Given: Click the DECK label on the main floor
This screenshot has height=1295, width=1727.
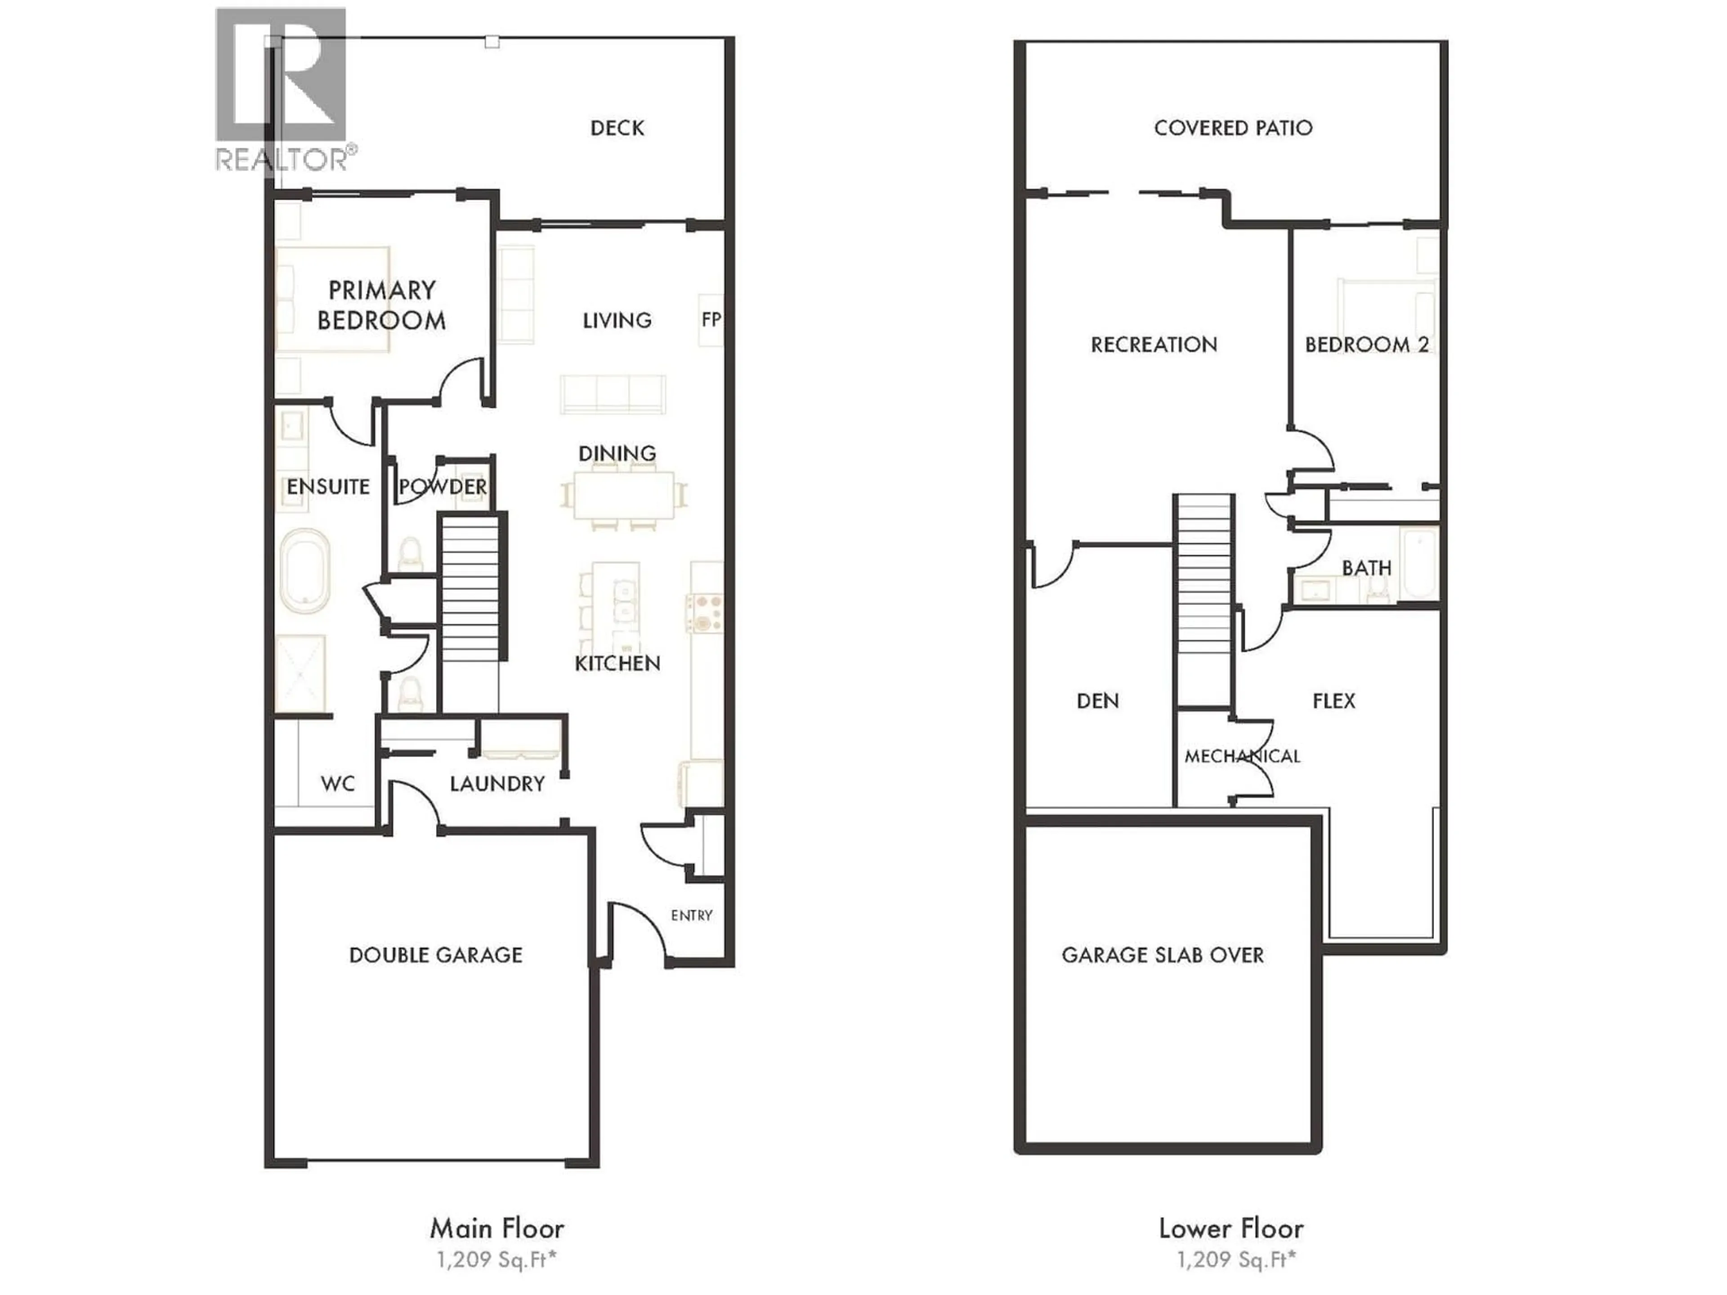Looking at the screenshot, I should pos(617,128).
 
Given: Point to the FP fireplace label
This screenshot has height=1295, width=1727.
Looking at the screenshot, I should pos(711,319).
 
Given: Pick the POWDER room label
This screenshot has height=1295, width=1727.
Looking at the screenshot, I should pos(443,487).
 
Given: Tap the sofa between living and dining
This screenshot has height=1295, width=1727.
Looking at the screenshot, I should pos(612,394).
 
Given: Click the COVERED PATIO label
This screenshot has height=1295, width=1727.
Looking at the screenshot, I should pos(1233,128).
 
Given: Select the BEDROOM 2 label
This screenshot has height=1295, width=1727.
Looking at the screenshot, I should pos(1366,344).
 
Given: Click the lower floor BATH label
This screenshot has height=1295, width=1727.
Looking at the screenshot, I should pos(1366,567).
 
